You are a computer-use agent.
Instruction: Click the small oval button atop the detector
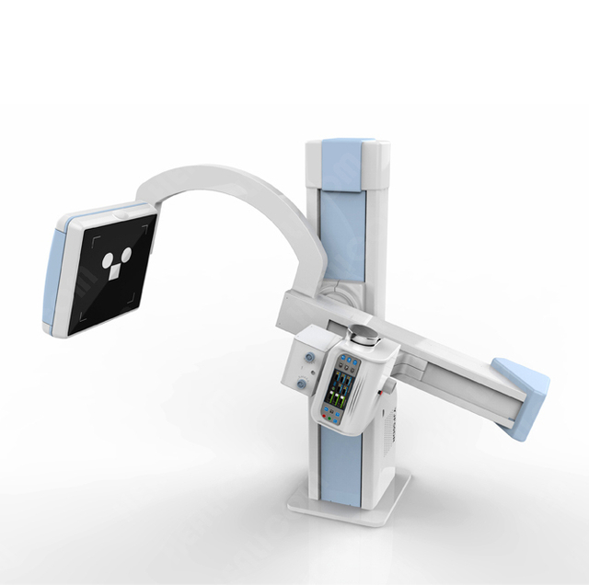[x=122, y=215]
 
